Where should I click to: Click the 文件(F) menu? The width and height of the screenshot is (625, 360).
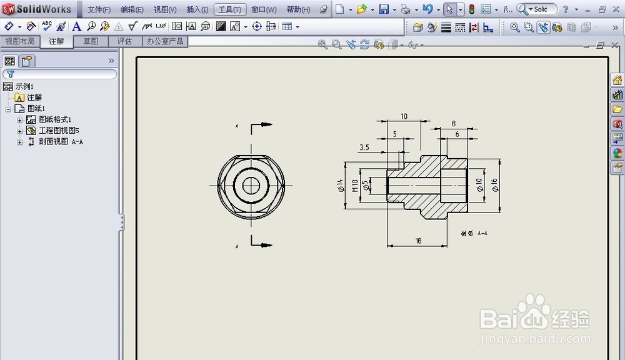99,9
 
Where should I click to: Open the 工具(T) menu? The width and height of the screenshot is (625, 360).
229,9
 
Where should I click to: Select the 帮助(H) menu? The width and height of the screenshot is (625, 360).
298,9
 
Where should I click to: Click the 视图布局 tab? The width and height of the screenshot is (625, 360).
20,41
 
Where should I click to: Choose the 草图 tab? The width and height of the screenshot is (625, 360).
91,41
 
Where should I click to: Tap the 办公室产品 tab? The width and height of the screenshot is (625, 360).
165,41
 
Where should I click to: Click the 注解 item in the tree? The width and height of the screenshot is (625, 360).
34,97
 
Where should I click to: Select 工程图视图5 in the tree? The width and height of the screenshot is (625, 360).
59,131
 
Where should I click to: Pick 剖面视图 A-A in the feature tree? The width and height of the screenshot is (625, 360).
61,142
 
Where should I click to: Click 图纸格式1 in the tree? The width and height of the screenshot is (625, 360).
55,119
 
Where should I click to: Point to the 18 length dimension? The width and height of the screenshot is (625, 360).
418,241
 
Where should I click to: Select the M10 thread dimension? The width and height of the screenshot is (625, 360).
355,185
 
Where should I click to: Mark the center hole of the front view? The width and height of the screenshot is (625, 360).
252,185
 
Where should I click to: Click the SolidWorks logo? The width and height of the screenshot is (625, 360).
39,9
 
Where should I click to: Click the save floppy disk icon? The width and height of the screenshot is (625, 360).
383,9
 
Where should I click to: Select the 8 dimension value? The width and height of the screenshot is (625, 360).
453,124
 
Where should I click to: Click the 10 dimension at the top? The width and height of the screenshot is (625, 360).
404,116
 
